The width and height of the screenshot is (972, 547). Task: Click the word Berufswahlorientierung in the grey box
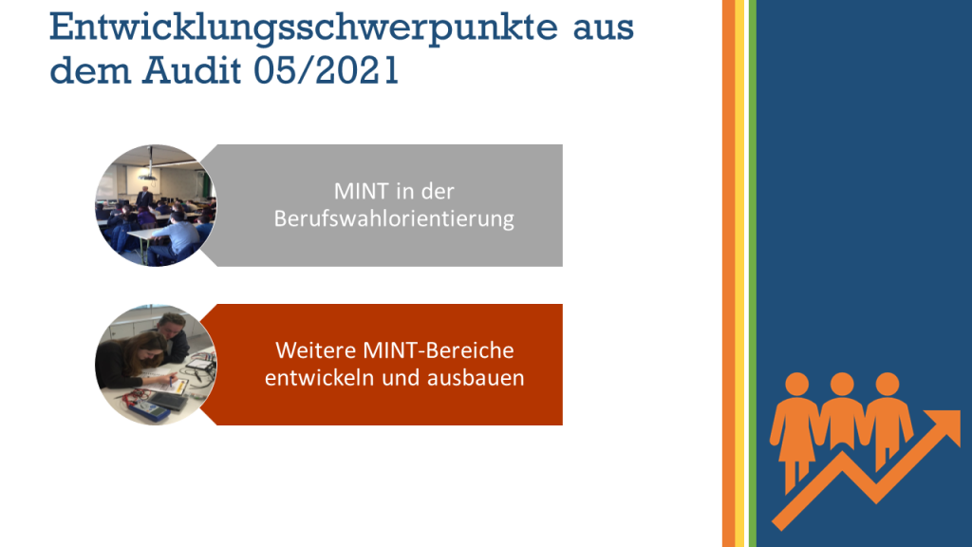coord(394,218)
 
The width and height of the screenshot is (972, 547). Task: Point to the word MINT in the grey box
coord(355,191)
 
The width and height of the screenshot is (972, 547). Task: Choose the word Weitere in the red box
coord(316,350)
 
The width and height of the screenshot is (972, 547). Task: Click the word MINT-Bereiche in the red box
coord(439,350)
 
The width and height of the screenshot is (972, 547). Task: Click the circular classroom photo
coord(156,205)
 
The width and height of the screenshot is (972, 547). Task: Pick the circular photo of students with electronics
coord(156,365)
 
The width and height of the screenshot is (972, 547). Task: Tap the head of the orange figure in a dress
coord(797,384)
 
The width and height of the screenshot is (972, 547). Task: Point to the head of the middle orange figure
coord(842,384)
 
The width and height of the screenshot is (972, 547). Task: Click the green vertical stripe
coord(753,273)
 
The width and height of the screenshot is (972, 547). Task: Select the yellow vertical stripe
coord(739,273)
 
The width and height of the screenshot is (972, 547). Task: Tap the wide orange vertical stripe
coord(728,273)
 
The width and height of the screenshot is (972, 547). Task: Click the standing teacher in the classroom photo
coord(144,197)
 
